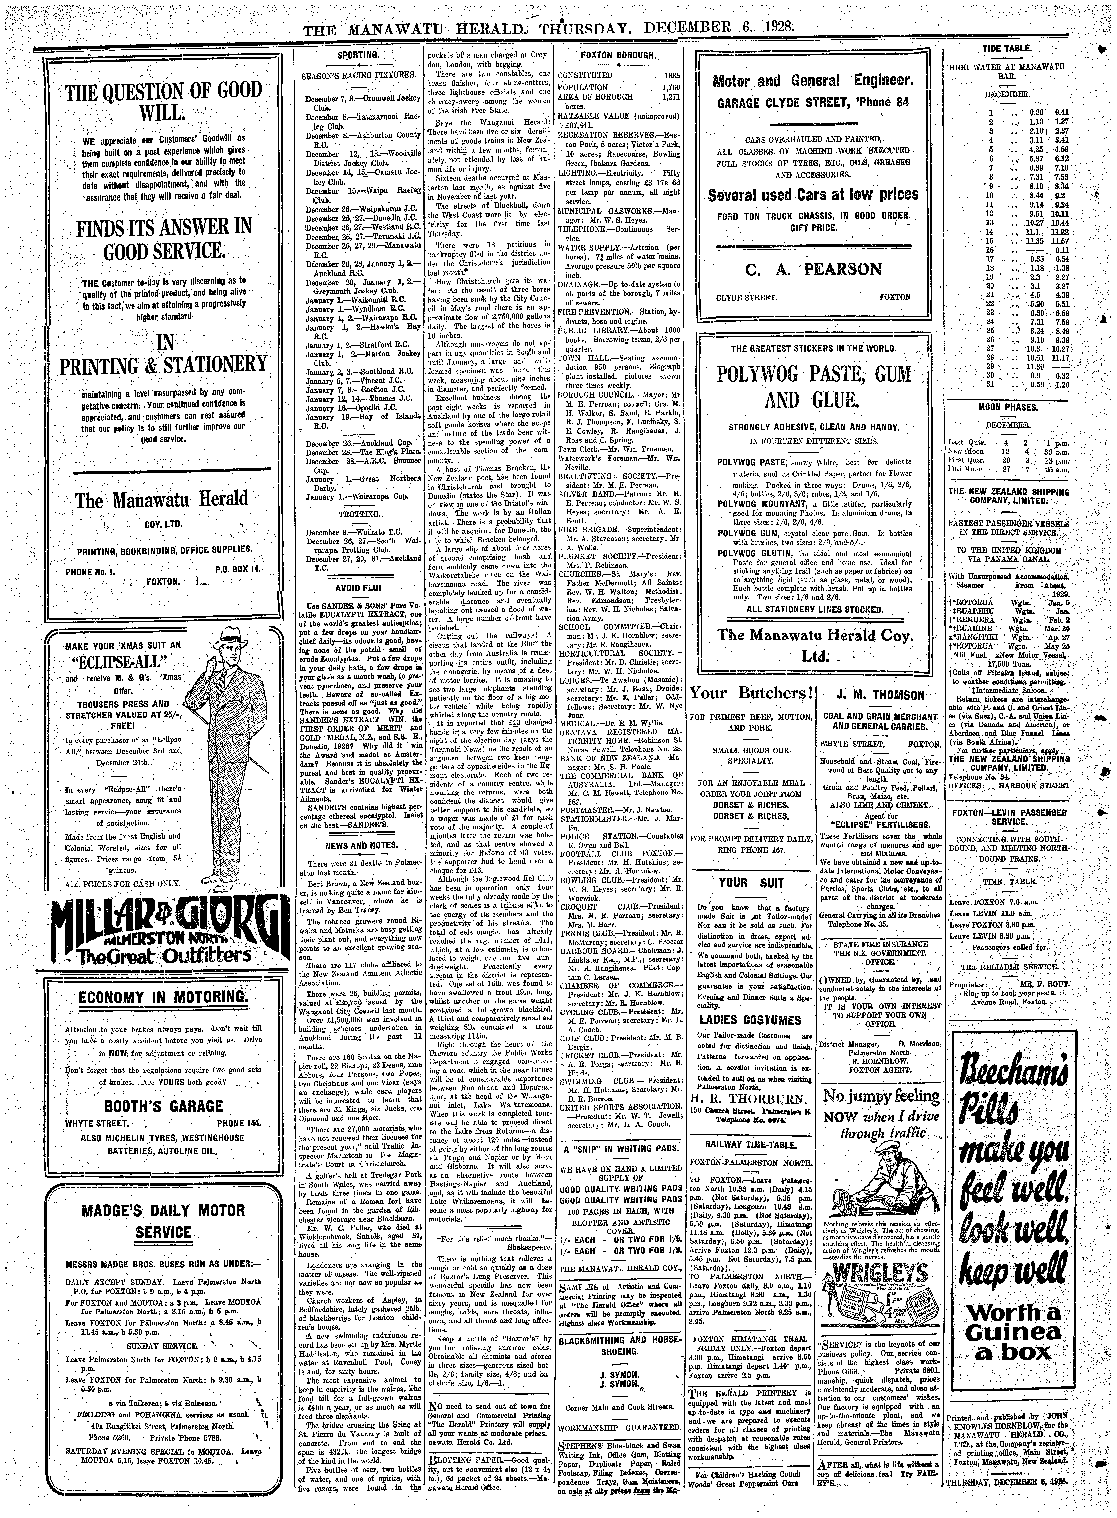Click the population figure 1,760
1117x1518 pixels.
pos(669,88)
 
